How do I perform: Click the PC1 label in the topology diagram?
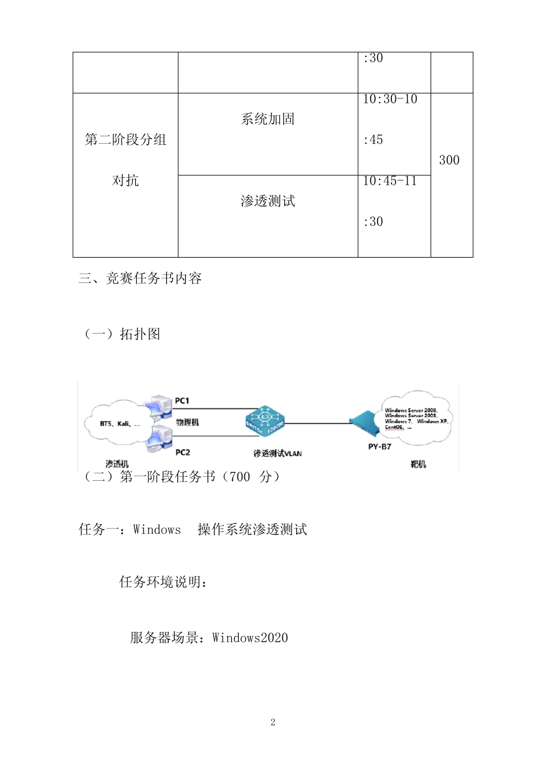(x=182, y=401)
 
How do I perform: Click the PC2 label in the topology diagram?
(x=183, y=453)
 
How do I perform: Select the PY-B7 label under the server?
(x=379, y=447)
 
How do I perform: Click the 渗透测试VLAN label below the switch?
(x=278, y=453)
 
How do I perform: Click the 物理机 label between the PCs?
(x=187, y=422)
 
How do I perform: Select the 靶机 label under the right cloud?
(x=418, y=464)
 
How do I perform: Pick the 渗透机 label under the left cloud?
(x=117, y=464)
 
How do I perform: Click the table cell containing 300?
(x=449, y=160)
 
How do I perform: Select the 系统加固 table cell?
(x=268, y=119)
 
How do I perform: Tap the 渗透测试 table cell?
(x=268, y=201)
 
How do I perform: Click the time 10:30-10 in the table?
(x=390, y=100)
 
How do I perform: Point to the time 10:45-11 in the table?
(x=390, y=181)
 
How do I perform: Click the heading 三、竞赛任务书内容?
(x=140, y=279)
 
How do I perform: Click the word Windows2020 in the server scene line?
(x=250, y=638)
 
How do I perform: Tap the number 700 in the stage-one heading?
(x=240, y=477)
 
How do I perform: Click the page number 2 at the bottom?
(x=273, y=722)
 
